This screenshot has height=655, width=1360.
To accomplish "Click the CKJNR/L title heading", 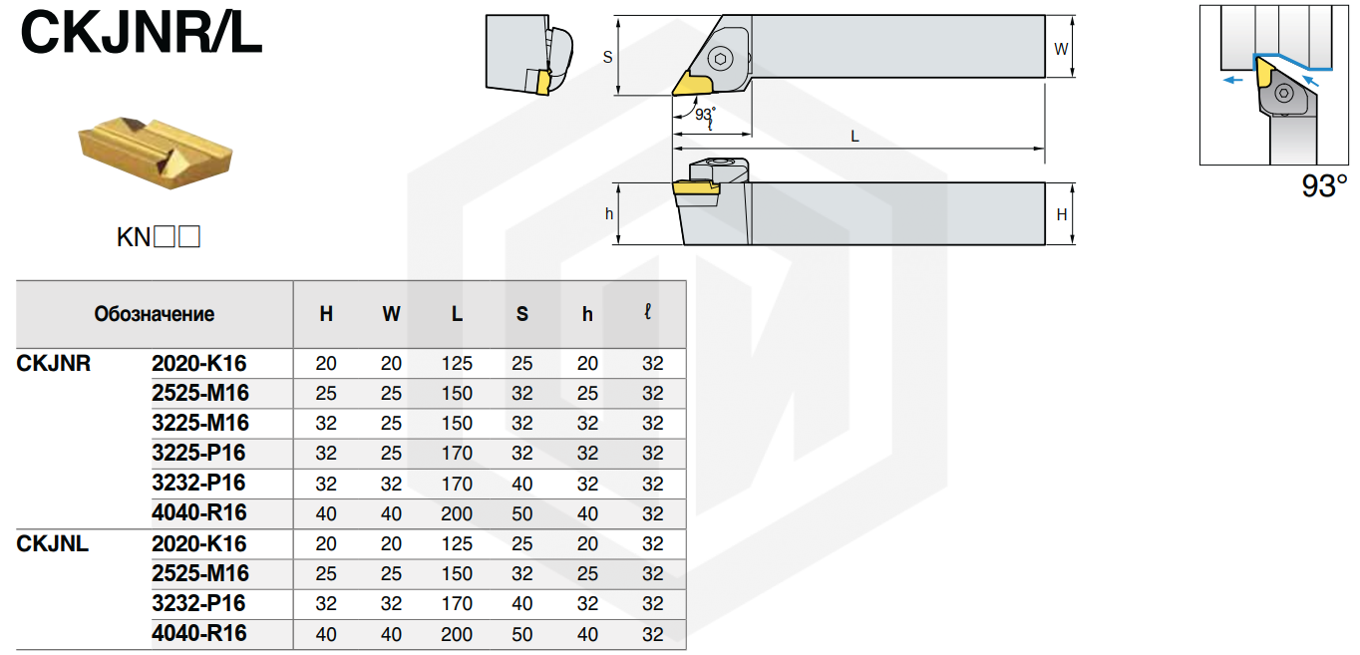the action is click(x=142, y=33).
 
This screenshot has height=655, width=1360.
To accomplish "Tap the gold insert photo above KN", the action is click(x=156, y=153).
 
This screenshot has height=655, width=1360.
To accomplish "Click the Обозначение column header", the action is click(x=155, y=314).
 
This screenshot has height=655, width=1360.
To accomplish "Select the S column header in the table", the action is click(x=522, y=314).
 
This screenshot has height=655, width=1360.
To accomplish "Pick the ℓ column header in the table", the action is click(x=647, y=312).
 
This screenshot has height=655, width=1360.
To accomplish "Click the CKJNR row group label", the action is click(x=54, y=363).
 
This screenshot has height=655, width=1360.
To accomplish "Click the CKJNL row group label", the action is click(x=52, y=543).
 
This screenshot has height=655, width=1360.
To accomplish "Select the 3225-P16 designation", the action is click(x=198, y=453).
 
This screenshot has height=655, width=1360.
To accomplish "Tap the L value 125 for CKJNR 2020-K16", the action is click(x=457, y=363).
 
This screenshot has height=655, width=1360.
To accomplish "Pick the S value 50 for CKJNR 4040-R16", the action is click(x=522, y=513).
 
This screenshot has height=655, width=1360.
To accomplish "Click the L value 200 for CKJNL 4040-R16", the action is click(x=457, y=634).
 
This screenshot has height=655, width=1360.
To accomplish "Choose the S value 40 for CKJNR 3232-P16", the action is click(x=522, y=484).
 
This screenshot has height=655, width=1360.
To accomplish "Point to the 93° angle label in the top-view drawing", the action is click(x=705, y=114).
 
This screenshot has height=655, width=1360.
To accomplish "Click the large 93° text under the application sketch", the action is click(x=1324, y=185).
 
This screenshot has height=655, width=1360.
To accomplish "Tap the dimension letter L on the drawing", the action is click(x=854, y=137).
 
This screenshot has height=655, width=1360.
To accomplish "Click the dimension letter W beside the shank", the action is click(x=1061, y=49).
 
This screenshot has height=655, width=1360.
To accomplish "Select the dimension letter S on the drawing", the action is click(x=608, y=57).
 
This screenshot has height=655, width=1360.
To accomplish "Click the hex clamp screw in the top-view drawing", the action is click(x=721, y=59).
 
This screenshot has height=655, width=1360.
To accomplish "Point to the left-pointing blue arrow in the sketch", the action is click(x=1233, y=80).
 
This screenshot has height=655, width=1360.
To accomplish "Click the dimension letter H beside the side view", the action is click(x=1062, y=214).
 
